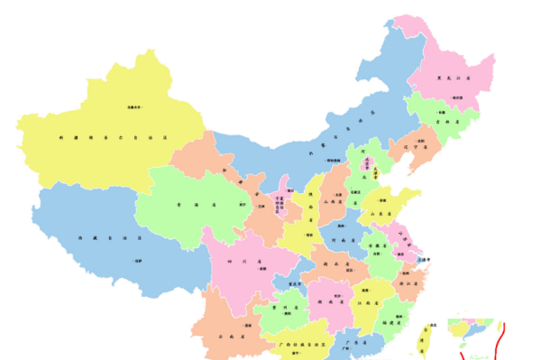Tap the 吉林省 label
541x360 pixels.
[x=441, y=120]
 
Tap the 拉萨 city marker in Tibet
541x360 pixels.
[x=138, y=261]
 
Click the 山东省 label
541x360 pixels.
[x=383, y=214]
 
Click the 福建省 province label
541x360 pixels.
[x=390, y=320]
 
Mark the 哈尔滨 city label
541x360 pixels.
[x=456, y=97]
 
